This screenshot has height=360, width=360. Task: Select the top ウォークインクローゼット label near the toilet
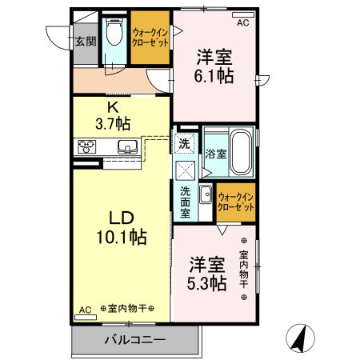[151, 38]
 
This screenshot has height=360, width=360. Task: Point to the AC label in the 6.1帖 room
[242, 22]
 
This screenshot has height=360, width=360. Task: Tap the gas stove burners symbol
[87, 146]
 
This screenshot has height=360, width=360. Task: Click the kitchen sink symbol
[127, 146]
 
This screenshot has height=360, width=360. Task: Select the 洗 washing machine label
[184, 145]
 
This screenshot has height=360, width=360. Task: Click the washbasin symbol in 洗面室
[205, 194]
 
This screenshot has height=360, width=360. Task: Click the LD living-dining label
[116, 217]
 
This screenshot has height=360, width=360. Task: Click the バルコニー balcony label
[134, 340]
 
